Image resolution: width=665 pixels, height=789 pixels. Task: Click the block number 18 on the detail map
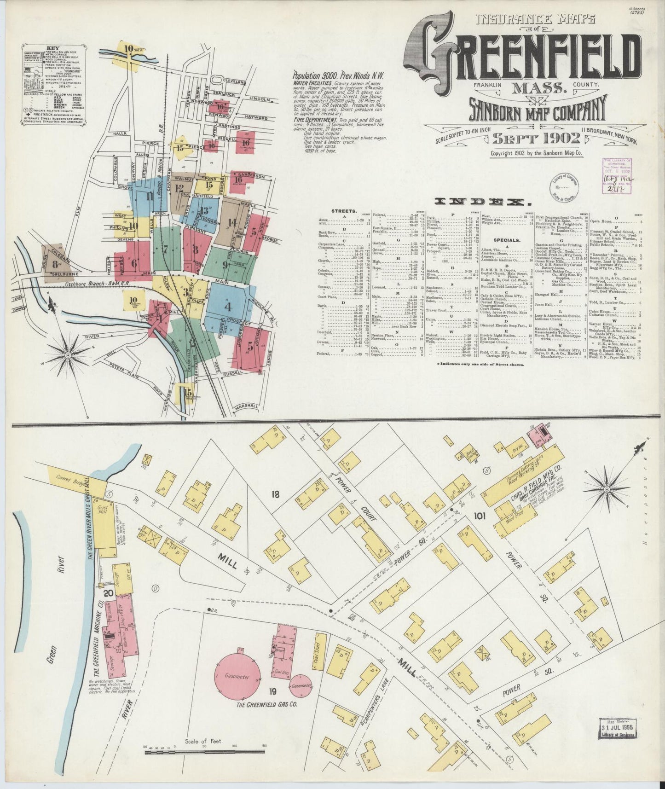(x=275, y=495)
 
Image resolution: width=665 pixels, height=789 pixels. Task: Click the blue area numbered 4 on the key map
(x=228, y=306)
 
